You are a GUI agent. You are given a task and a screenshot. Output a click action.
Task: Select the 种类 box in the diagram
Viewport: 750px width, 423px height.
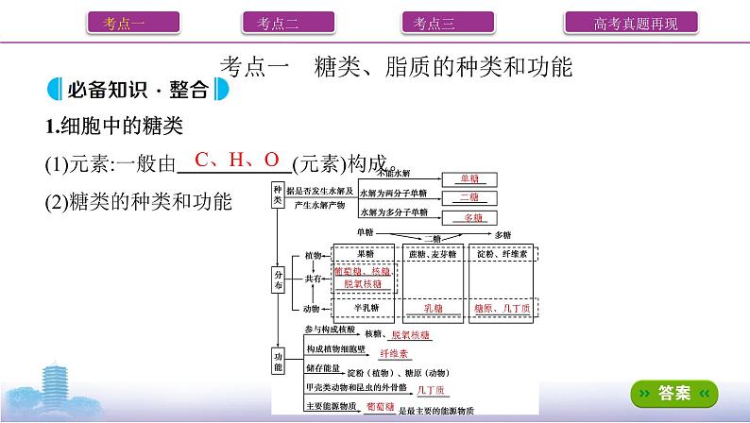tap(278, 195)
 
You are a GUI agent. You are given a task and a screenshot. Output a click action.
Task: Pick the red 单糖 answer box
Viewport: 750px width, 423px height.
tap(469, 178)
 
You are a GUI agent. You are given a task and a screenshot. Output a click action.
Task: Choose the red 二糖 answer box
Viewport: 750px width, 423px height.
tap(469, 196)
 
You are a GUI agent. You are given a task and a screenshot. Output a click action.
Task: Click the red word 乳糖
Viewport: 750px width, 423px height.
tap(433, 309)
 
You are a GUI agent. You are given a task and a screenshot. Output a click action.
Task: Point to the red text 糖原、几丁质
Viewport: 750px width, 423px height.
tap(503, 309)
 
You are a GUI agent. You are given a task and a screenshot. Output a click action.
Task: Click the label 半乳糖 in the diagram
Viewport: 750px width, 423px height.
tap(365, 309)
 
